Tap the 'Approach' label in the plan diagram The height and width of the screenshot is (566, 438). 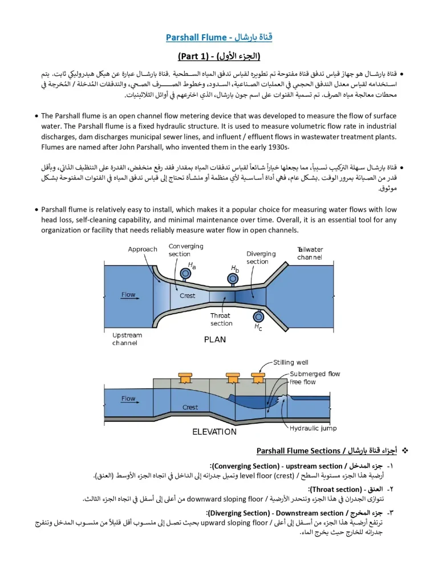pyautogui.click(x=142, y=249)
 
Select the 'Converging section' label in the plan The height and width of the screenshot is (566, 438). pyautogui.click(x=186, y=250)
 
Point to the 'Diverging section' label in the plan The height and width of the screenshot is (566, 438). pyautogui.click(x=261, y=257)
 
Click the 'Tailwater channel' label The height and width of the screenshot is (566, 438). pyautogui.click(x=310, y=253)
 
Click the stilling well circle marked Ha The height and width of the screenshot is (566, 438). pyautogui.click(x=185, y=274)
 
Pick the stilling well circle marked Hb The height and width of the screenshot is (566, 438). pyautogui.click(x=233, y=278)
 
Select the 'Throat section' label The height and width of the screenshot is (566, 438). pyautogui.click(x=221, y=319)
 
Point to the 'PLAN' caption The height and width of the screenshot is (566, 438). pyautogui.click(x=214, y=340)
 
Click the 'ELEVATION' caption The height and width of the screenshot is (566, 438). pyautogui.click(x=214, y=432)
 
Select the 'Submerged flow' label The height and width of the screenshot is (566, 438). pyautogui.click(x=314, y=374)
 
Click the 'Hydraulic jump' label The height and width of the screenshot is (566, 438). pyautogui.click(x=313, y=428)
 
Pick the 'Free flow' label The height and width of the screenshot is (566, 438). pyautogui.click(x=302, y=382)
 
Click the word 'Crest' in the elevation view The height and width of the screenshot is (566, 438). pyautogui.click(x=190, y=407)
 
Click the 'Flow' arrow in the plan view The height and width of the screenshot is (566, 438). pyautogui.click(x=129, y=295)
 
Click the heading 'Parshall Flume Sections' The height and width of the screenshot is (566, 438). pyautogui.click(x=298, y=451)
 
